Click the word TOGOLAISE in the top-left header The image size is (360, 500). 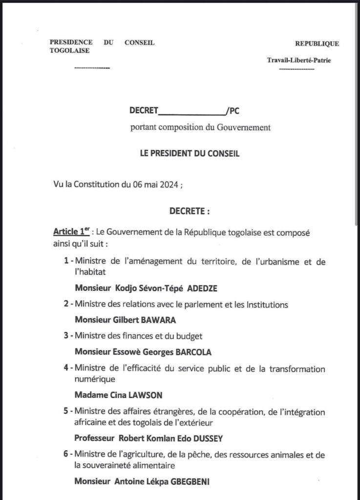click(66, 50)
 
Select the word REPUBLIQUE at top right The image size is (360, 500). click(318, 43)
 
